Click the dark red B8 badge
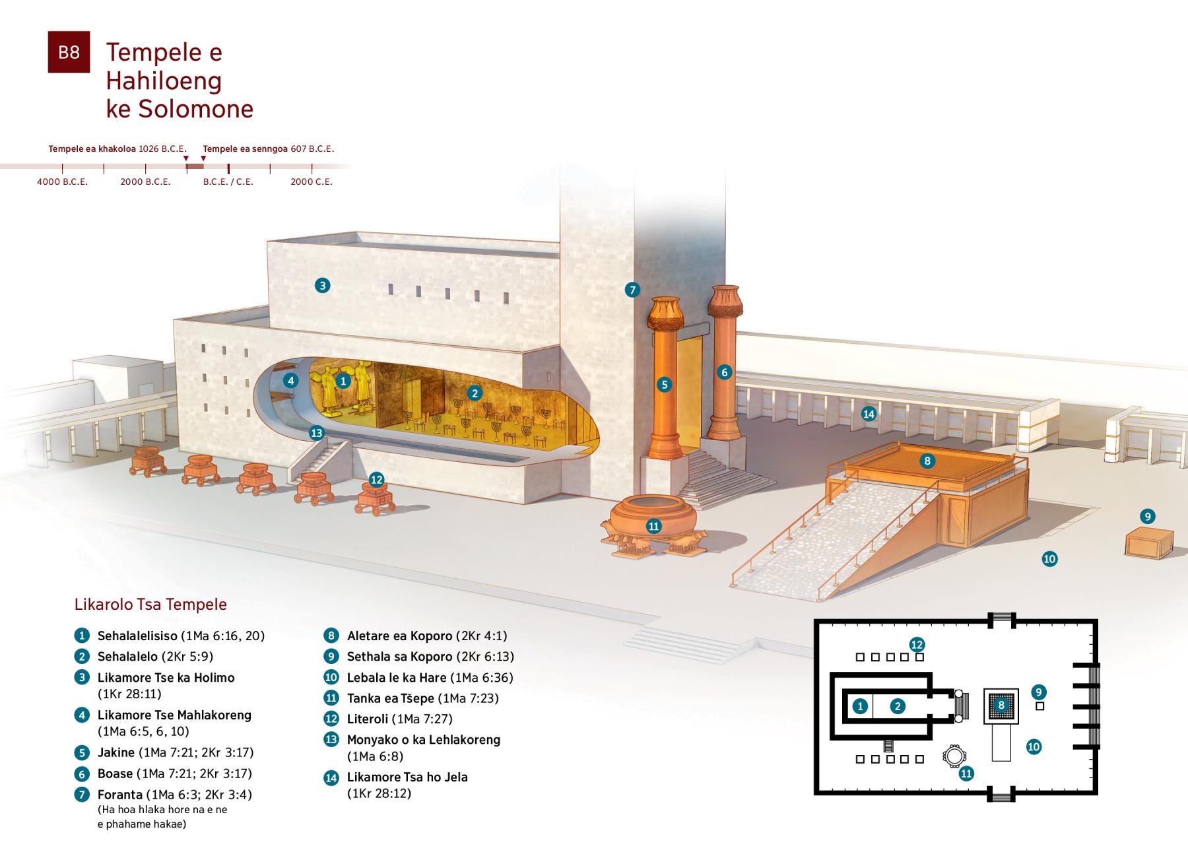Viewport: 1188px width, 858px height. click(x=69, y=52)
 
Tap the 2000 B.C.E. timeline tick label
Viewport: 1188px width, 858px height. click(x=145, y=181)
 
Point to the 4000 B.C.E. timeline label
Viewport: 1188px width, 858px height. click(x=62, y=181)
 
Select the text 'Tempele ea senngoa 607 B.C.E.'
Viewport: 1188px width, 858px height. click(x=269, y=149)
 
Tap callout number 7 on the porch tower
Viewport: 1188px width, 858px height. click(x=632, y=290)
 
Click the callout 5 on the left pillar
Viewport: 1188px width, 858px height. click(x=665, y=385)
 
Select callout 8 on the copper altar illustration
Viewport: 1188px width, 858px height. click(x=927, y=461)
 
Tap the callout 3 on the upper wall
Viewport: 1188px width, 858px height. click(x=322, y=286)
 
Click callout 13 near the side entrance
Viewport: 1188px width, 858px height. click(x=317, y=433)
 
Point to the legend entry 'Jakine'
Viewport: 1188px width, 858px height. click(x=116, y=752)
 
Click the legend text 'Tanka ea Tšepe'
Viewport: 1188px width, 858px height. click(x=391, y=698)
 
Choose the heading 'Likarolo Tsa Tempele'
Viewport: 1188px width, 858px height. click(x=150, y=605)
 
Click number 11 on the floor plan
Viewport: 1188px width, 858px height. click(x=966, y=774)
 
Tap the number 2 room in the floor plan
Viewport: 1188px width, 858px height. click(x=897, y=707)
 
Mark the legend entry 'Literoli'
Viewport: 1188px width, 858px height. click(x=367, y=719)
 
